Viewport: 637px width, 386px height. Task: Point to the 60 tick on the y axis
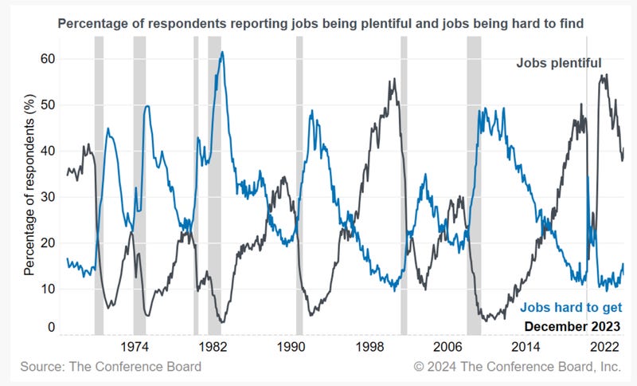(49, 59)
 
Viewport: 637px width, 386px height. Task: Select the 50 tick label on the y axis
(49, 105)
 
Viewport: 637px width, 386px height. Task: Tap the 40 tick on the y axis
(49, 151)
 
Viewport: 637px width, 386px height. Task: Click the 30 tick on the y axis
(49, 197)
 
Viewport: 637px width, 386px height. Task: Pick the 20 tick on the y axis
(49, 243)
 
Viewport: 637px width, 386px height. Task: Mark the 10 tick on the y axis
(49, 289)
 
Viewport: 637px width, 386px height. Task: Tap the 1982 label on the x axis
(213, 348)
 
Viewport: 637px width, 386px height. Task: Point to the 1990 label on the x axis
(291, 348)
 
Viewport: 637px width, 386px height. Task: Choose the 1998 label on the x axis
(369, 348)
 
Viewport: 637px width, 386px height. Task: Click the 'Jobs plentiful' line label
(559, 62)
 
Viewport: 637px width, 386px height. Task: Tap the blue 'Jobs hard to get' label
(570, 308)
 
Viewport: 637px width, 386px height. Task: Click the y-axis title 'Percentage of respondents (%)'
(29, 191)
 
